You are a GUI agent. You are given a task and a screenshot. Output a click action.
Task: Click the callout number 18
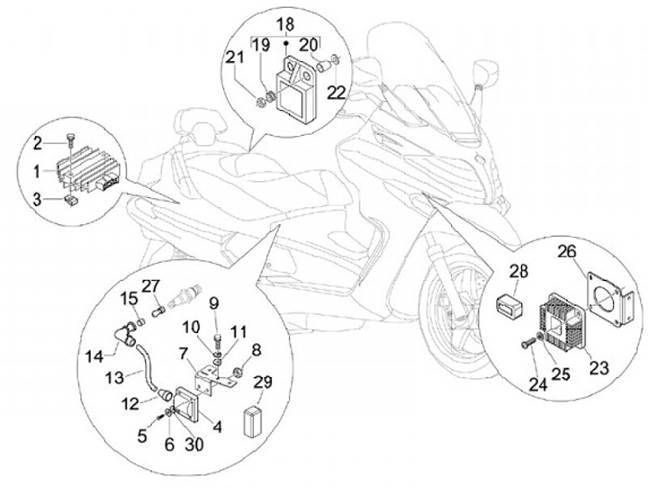coord(285,23)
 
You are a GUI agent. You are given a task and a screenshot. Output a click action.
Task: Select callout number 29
coord(264,383)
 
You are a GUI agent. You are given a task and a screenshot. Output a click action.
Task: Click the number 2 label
coord(38,142)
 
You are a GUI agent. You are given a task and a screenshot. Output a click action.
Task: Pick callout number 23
coord(572,366)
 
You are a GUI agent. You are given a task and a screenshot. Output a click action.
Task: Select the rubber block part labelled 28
coord(510,302)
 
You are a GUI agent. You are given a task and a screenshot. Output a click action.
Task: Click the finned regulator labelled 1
coord(88,175)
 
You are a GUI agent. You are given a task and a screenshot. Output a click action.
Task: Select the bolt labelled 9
coord(220,342)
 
